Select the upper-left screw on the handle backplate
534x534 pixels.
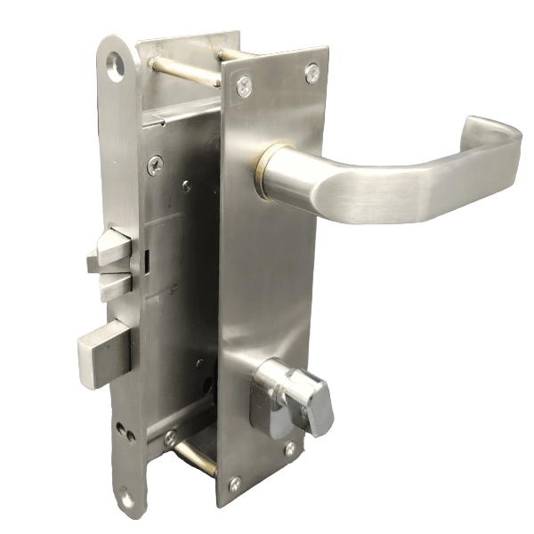pos(243,85)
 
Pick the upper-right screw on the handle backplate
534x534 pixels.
pos(311,72)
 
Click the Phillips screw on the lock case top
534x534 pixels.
pos(155,165)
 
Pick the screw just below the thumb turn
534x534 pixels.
pos(290,449)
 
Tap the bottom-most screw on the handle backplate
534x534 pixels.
pos(234,484)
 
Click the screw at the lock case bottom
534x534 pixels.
pos(169,439)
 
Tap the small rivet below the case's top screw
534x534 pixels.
pos(186,186)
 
